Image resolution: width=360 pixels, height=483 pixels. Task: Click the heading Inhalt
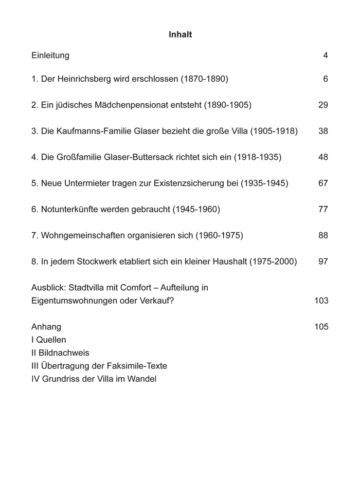pos(180,35)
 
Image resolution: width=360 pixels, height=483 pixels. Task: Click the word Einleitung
pos(50,55)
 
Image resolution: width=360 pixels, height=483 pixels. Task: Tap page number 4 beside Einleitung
pos(326,55)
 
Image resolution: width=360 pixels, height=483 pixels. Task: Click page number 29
pos(323,105)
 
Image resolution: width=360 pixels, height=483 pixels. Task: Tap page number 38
pos(323,132)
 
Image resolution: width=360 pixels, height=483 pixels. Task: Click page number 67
pos(323,183)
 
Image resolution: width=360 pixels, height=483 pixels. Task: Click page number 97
pos(323,262)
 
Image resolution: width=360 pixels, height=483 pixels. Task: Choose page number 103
pos(321,301)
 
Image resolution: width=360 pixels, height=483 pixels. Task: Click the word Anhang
pos(46,327)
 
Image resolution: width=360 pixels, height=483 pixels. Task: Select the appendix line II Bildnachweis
pos(60,353)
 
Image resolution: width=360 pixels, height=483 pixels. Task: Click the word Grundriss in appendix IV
pos(61,379)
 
